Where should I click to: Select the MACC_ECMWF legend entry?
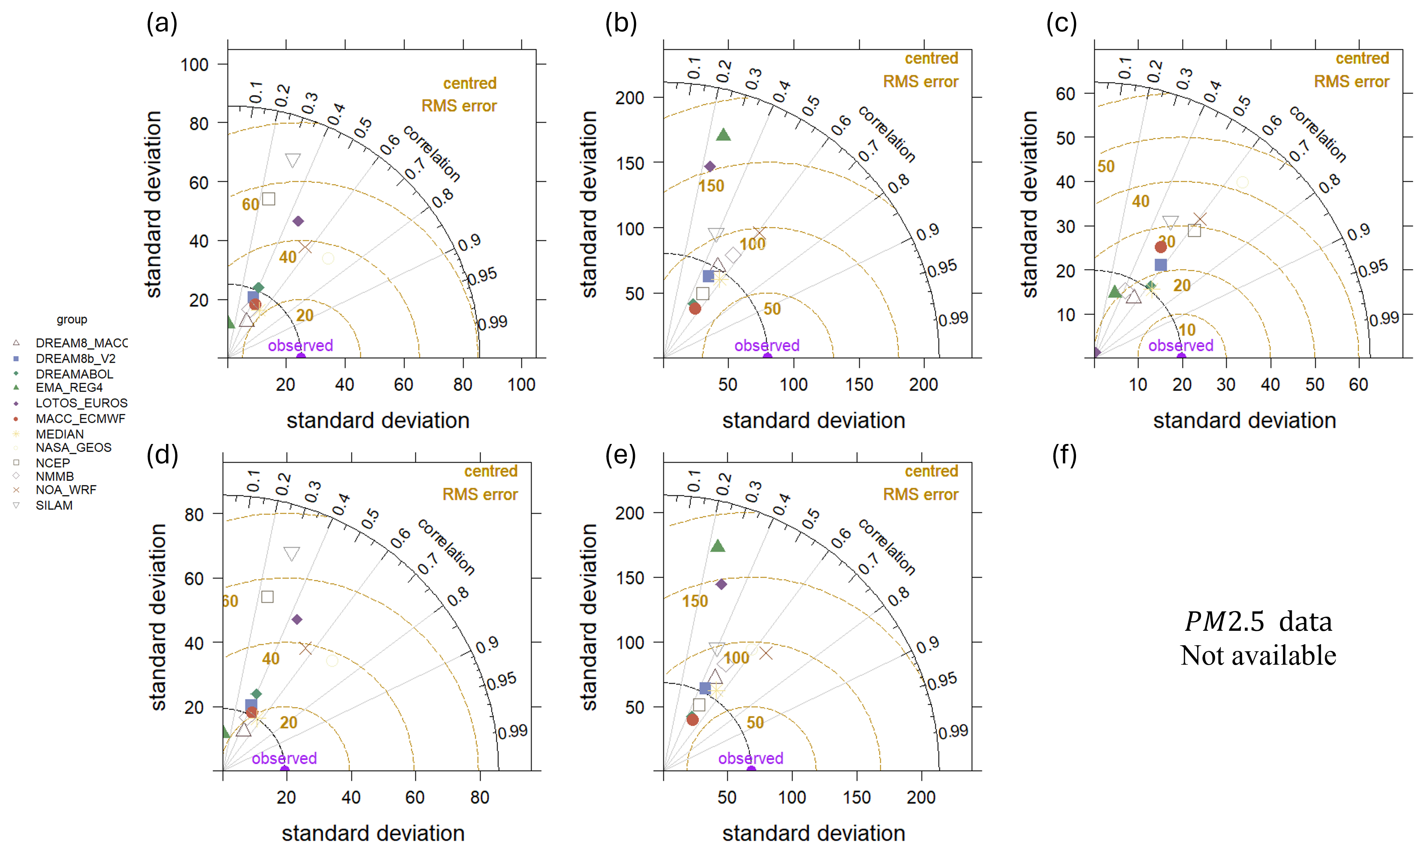(80, 419)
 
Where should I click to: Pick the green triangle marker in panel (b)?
(723, 135)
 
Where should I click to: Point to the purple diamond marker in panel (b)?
(710, 166)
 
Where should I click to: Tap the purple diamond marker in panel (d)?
(297, 619)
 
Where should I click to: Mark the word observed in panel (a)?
(300, 345)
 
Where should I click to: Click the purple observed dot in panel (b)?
(767, 357)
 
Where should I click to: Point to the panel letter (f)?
(1064, 455)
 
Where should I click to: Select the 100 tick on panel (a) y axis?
(195, 64)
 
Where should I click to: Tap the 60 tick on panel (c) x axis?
(1358, 384)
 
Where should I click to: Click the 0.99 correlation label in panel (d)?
(512, 731)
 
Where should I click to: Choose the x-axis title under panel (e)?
(813, 833)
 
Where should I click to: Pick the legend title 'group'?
(72, 319)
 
